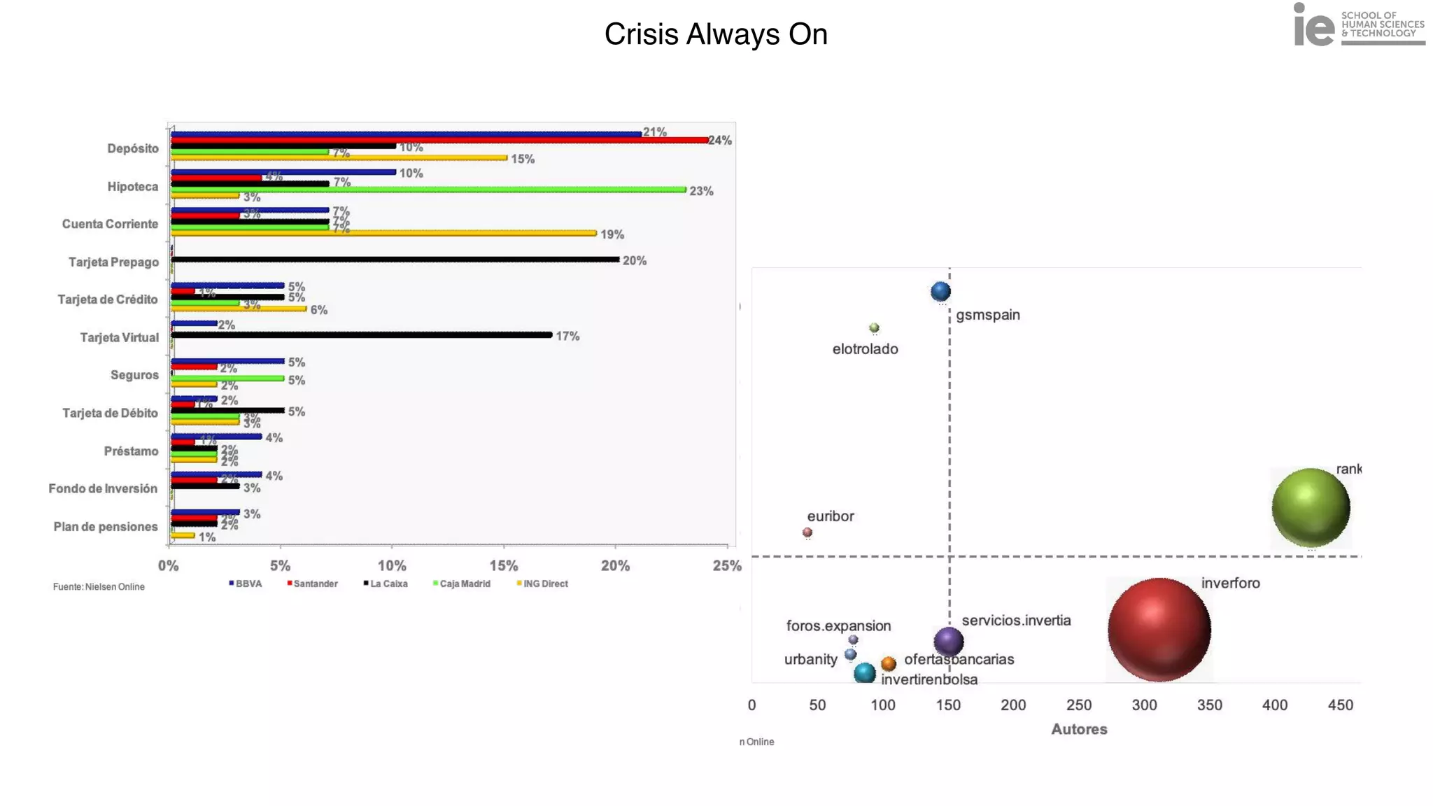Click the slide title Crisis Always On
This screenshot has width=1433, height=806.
(x=716, y=34)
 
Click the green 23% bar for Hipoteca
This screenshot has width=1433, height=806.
(x=428, y=190)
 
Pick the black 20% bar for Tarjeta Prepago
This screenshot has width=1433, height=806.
(x=395, y=260)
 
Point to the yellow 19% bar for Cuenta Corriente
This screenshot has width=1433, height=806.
(x=383, y=233)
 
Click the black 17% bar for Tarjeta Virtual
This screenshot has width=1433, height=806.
(x=362, y=335)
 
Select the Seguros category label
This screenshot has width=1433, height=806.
(x=134, y=375)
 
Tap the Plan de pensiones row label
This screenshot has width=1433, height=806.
(x=106, y=527)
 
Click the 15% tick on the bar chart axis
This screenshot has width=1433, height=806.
(x=504, y=566)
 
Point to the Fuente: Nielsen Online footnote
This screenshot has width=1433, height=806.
(x=99, y=587)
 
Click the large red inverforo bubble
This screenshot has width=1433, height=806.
(x=1159, y=630)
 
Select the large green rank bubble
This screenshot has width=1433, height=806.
(x=1310, y=507)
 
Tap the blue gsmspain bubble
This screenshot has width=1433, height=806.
(x=940, y=291)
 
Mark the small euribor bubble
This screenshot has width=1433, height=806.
(x=807, y=532)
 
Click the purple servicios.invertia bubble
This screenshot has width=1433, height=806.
(x=949, y=641)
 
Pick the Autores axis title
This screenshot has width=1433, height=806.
(x=1079, y=729)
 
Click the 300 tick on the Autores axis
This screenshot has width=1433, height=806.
(x=1144, y=705)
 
